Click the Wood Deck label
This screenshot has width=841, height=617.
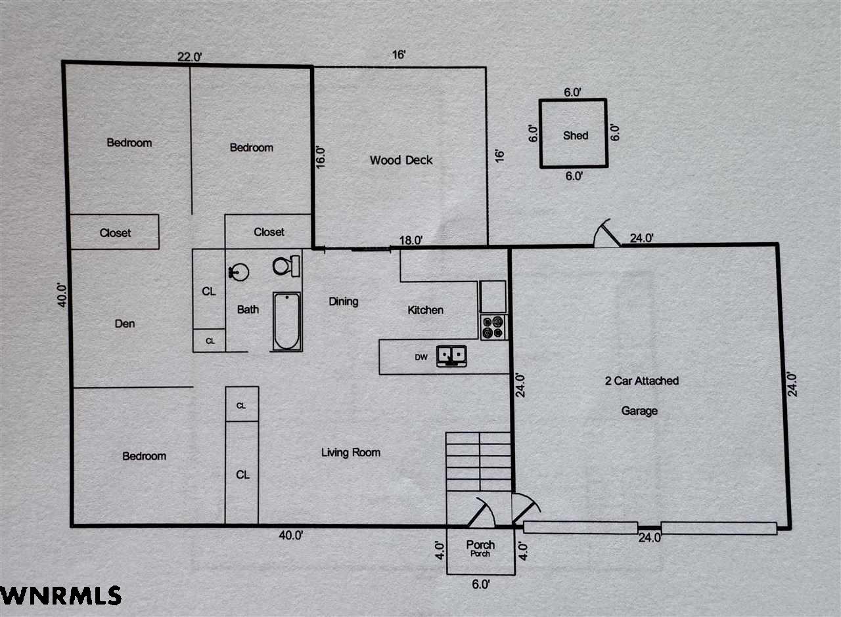(401, 160)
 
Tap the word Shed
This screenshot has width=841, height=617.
(575, 135)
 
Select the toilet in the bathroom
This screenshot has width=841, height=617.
(286, 266)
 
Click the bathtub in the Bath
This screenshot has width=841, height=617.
(287, 322)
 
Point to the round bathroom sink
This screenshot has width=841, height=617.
(239, 272)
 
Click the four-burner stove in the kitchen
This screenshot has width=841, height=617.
(493, 327)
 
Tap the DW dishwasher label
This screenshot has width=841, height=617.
(421, 357)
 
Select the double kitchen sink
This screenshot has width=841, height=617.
(451, 356)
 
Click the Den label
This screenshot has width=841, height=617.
(125, 324)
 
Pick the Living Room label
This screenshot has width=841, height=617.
(351, 452)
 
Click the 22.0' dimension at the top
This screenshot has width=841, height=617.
(190, 57)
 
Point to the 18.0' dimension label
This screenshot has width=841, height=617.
(411, 240)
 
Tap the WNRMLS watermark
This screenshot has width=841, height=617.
(61, 595)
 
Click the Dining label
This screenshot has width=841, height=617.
(343, 301)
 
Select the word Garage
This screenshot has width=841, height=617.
(639, 411)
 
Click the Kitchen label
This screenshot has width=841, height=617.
(425, 310)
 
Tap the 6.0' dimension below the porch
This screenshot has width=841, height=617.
(480, 584)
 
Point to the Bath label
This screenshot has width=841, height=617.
(248, 309)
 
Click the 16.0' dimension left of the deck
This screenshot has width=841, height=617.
(320, 157)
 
